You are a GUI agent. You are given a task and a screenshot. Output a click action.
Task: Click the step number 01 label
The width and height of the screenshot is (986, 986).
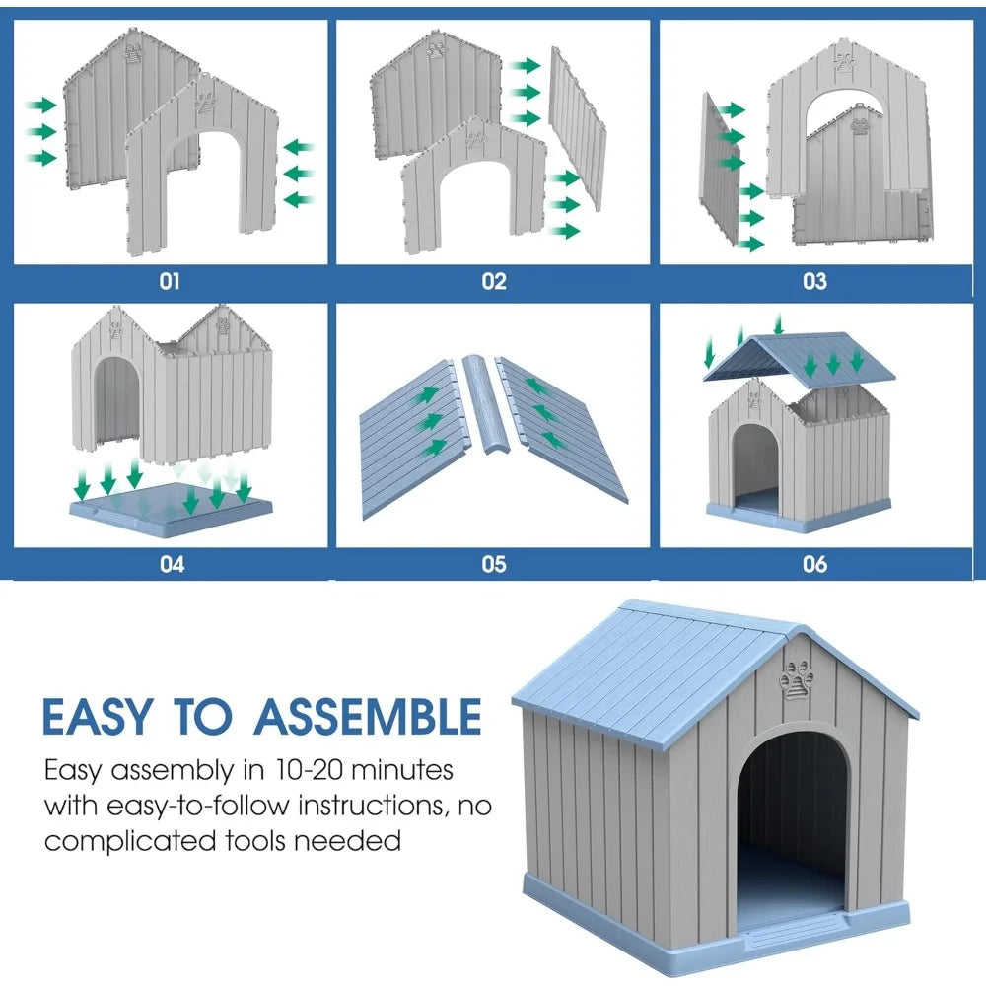[x=170, y=281]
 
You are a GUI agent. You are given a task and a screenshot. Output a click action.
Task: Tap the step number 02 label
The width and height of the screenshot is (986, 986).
[x=493, y=281]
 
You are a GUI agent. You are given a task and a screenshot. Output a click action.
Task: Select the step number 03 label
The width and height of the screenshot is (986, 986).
[x=814, y=281]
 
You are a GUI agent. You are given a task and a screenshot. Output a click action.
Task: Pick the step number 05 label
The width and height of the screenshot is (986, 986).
[x=493, y=565]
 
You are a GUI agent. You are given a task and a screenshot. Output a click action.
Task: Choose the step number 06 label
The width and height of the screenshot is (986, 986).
[x=814, y=565]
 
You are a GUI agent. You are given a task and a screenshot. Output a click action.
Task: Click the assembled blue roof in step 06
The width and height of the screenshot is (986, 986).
[x=799, y=359]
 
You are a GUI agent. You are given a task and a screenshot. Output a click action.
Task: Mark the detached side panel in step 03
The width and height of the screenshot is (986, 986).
[x=719, y=168]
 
